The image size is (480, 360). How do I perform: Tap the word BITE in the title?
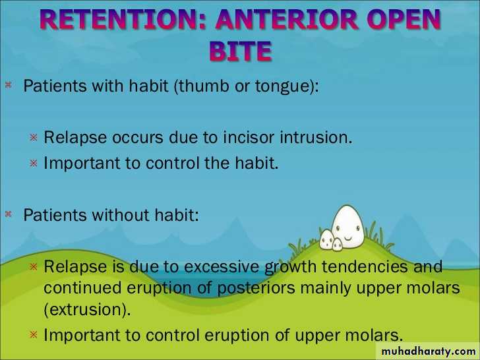click(241, 51)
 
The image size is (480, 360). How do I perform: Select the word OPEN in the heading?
click(403, 19)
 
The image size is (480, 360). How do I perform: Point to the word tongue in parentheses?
click(285, 86)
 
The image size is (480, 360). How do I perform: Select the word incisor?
click(249, 137)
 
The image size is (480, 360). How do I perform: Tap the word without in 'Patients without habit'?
click(121, 214)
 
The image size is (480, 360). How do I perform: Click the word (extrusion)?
click(87, 310)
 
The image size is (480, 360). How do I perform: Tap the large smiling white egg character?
click(348, 227)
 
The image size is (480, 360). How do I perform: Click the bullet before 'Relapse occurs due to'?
click(34, 137)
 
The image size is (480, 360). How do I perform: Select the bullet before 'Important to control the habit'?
click(34, 163)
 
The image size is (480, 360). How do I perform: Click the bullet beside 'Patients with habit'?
click(9, 85)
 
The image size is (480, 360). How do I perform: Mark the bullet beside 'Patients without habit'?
click(9, 214)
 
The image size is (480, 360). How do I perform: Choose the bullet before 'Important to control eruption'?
click(34, 334)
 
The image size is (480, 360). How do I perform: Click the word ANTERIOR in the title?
click(287, 19)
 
